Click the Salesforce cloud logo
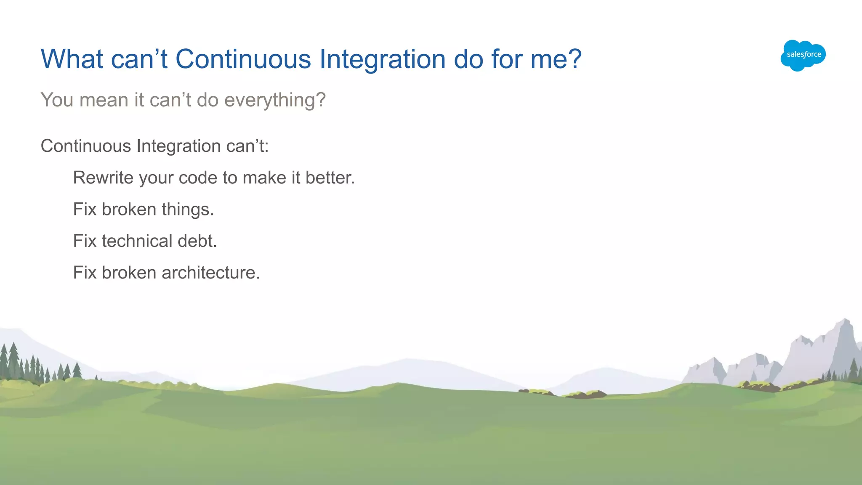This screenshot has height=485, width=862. pos(803,55)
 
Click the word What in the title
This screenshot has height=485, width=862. pos(72,59)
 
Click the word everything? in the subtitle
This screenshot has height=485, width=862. pos(275,101)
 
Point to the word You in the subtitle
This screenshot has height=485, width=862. pos(57,100)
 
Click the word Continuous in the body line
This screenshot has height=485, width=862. pos(86,146)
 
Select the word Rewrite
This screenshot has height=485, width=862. pos(103,178)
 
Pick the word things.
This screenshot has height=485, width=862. pos(188,209)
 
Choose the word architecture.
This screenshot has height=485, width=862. pos(211,273)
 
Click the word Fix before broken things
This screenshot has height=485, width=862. pos(85,209)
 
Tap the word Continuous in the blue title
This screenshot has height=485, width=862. pos(243,59)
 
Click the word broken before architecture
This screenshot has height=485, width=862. pos(129,273)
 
